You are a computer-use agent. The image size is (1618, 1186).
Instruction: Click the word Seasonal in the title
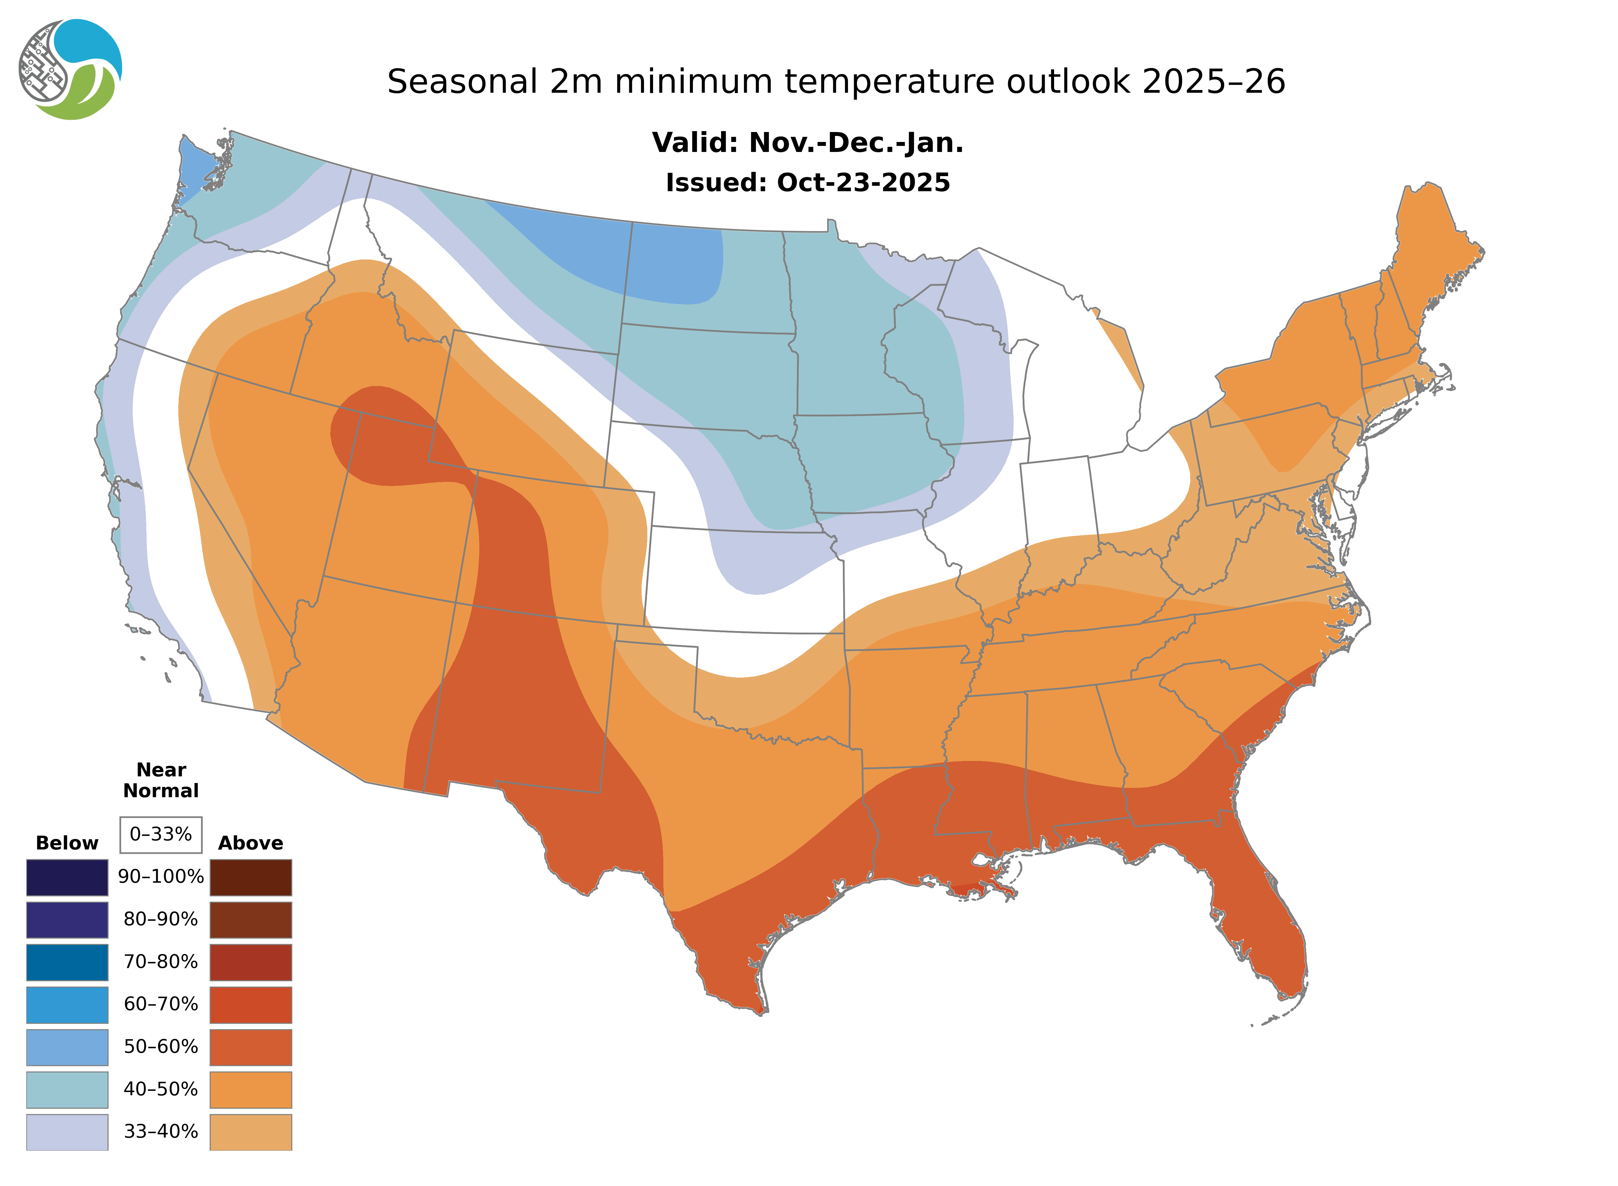[462, 82]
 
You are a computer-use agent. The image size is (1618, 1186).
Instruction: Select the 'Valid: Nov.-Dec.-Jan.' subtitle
[807, 143]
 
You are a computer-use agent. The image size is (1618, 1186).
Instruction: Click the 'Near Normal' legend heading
[161, 780]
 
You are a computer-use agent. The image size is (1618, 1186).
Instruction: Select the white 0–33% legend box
[161, 834]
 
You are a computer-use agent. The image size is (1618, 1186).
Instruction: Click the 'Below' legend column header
[67, 843]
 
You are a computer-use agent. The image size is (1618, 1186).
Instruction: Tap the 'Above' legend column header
[251, 843]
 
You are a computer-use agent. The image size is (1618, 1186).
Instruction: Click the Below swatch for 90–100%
[67, 877]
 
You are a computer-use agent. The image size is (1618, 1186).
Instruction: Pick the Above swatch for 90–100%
[251, 877]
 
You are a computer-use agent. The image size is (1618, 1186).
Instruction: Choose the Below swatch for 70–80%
[67, 962]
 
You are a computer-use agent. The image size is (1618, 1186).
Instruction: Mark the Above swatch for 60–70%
[251, 1004]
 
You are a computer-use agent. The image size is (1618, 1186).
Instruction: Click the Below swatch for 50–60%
[67, 1047]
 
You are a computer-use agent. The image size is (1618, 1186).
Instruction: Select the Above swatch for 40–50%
[251, 1089]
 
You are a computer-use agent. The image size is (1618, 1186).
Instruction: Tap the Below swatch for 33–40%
[67, 1131]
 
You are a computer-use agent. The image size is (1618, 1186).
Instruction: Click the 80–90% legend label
[161, 920]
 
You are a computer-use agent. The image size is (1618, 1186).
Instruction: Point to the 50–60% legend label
[161, 1047]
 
